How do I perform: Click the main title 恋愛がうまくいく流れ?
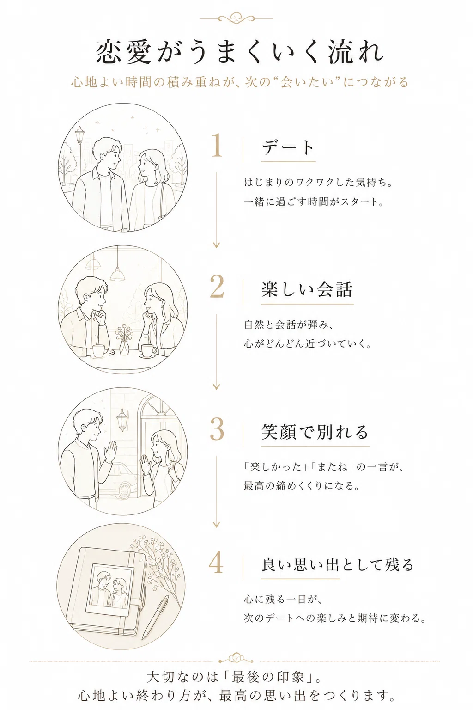pyautogui.click(x=240, y=52)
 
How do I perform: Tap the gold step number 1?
pyautogui.click(x=217, y=145)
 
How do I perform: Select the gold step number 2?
pyautogui.click(x=217, y=287)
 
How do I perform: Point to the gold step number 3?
pyautogui.click(x=217, y=429)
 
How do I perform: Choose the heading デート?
pyautogui.click(x=288, y=148)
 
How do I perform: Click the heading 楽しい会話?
pyautogui.click(x=307, y=289)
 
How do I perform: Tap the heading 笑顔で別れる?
pyautogui.click(x=315, y=432)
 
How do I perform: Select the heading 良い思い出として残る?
pyautogui.click(x=338, y=565)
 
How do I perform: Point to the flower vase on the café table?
pyautogui.click(x=124, y=341)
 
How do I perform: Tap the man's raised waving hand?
pyautogui.click(x=110, y=451)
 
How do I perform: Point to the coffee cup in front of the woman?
pyautogui.click(x=148, y=350)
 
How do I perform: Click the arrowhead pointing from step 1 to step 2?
pyautogui.click(x=216, y=245)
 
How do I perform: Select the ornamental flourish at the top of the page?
pyautogui.click(x=236, y=18)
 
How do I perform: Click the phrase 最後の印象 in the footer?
pyautogui.click(x=267, y=677)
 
